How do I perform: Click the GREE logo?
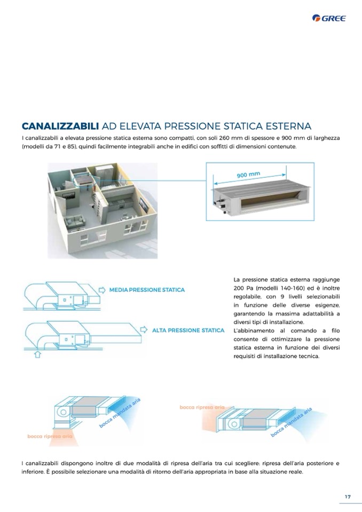coord(329,18)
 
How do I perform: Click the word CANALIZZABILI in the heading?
coord(60,126)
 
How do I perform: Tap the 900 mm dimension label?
coord(248,175)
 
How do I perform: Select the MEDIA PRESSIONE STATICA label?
coord(147,290)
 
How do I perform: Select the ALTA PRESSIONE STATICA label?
coord(188,330)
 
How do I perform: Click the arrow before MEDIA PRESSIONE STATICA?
coord(102,290)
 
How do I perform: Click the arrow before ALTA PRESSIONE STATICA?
coord(144,329)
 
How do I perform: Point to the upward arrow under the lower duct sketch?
coord(37,355)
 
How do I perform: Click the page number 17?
coord(348,497)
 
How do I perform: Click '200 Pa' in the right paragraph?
coord(243,288)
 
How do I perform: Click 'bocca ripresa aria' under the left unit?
coord(50,436)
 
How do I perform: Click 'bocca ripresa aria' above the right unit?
coord(202,407)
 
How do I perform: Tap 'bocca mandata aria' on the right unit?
coord(292,422)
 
